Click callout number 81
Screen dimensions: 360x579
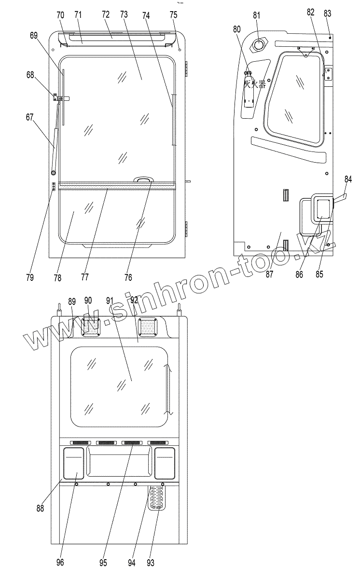point(256,15)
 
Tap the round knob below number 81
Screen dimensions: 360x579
point(259,45)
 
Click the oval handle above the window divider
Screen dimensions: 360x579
point(143,180)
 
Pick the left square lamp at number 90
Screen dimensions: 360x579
point(90,327)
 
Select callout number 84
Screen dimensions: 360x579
point(348,179)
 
